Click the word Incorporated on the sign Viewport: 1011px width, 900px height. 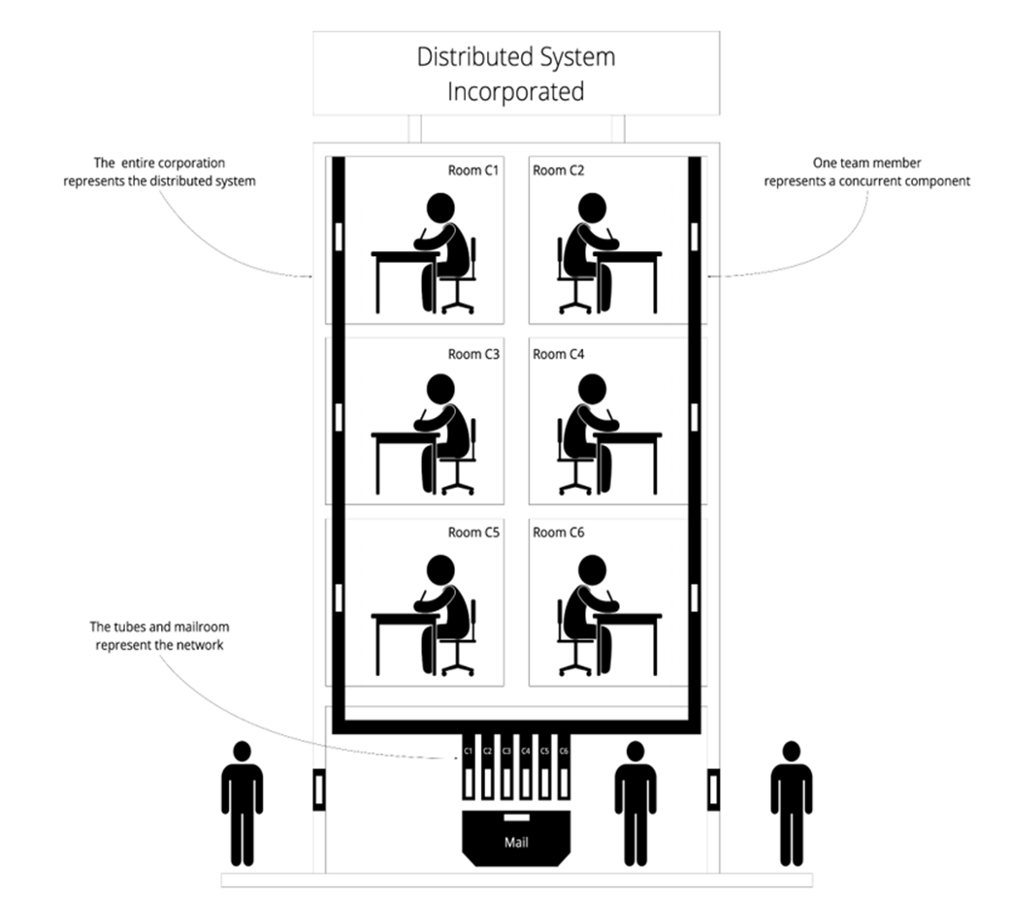[x=515, y=92]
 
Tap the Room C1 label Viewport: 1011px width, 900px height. [x=473, y=171]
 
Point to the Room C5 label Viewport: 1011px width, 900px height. [x=473, y=532]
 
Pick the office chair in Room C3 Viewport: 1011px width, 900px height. [x=458, y=460]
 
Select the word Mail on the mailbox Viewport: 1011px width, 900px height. [x=516, y=842]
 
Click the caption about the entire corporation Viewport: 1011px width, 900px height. [x=159, y=172]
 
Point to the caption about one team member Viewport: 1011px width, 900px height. [x=866, y=172]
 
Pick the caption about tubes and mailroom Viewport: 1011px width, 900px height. [x=159, y=636]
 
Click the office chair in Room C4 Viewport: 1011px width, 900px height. [x=573, y=460]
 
